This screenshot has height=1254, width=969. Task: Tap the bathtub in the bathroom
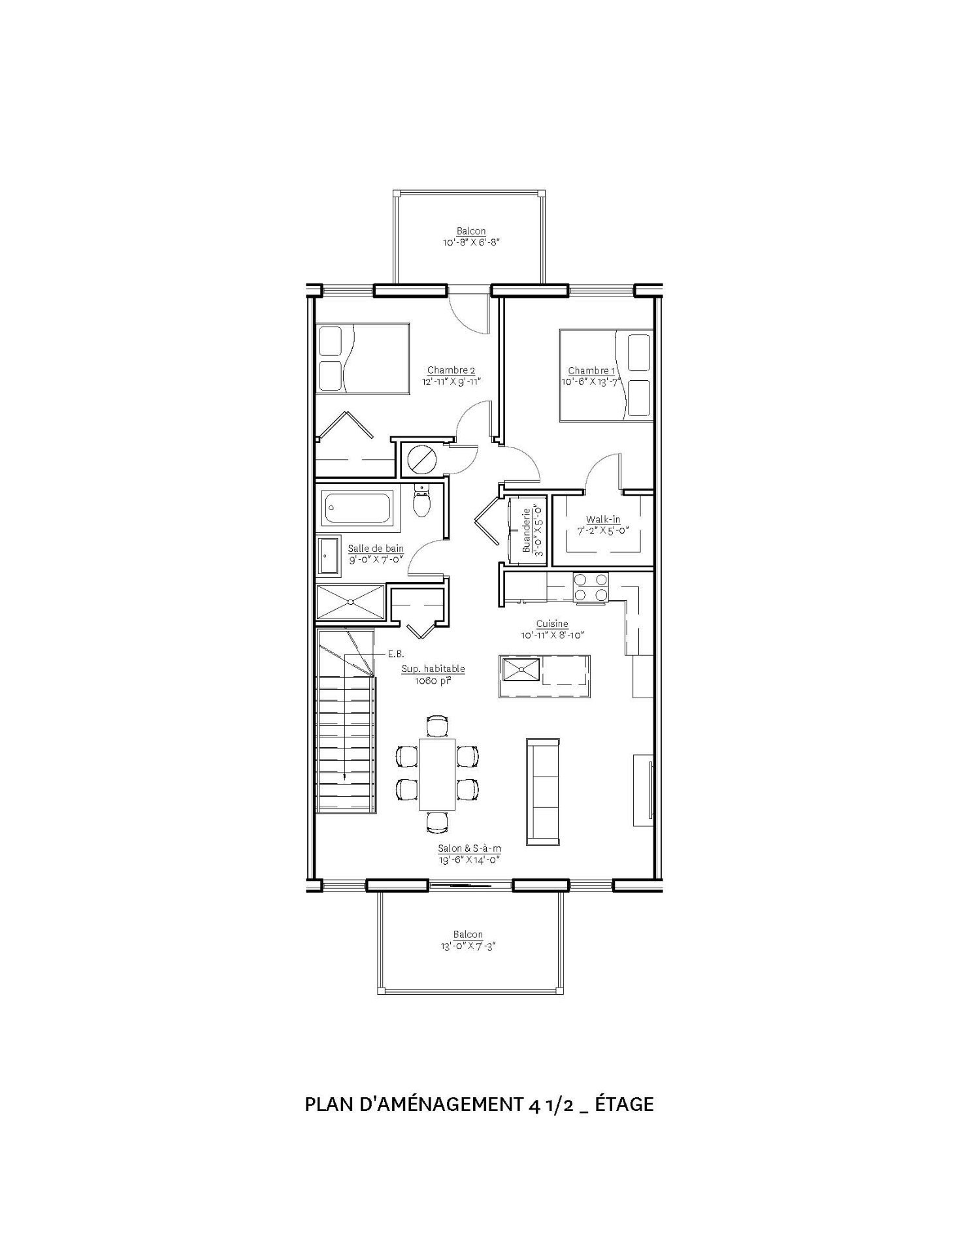[x=359, y=507]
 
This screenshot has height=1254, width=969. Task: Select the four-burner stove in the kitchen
[x=589, y=586]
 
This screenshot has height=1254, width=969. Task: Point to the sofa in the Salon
[x=542, y=791]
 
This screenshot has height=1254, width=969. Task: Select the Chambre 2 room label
[x=451, y=370]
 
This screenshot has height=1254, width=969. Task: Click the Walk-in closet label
[x=602, y=520]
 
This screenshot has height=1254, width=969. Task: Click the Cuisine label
[x=552, y=624]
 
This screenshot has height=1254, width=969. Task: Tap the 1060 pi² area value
[x=433, y=680]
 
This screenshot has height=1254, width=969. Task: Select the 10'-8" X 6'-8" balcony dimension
[x=471, y=242]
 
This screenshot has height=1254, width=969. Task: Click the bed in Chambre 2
[x=362, y=358]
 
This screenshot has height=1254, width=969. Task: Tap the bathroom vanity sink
[x=328, y=556]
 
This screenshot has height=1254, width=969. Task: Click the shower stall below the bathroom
[x=350, y=602]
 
